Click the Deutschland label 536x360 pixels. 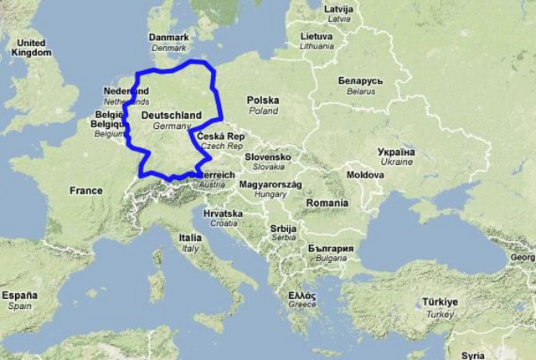click(171, 115)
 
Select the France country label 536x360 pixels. click(85, 191)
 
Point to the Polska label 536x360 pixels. click(263, 100)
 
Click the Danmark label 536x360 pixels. click(168, 38)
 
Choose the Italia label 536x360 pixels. click(190, 238)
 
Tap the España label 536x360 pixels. click(19, 296)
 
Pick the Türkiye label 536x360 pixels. click(440, 301)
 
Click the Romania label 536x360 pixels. click(327, 203)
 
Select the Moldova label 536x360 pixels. click(365, 175)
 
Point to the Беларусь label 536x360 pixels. click(361, 81)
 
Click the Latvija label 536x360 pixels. click(339, 9)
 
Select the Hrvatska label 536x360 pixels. click(223, 214)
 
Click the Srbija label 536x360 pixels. click(283, 229)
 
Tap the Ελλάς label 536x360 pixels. click(302, 296)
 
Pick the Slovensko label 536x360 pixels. click(268, 157)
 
